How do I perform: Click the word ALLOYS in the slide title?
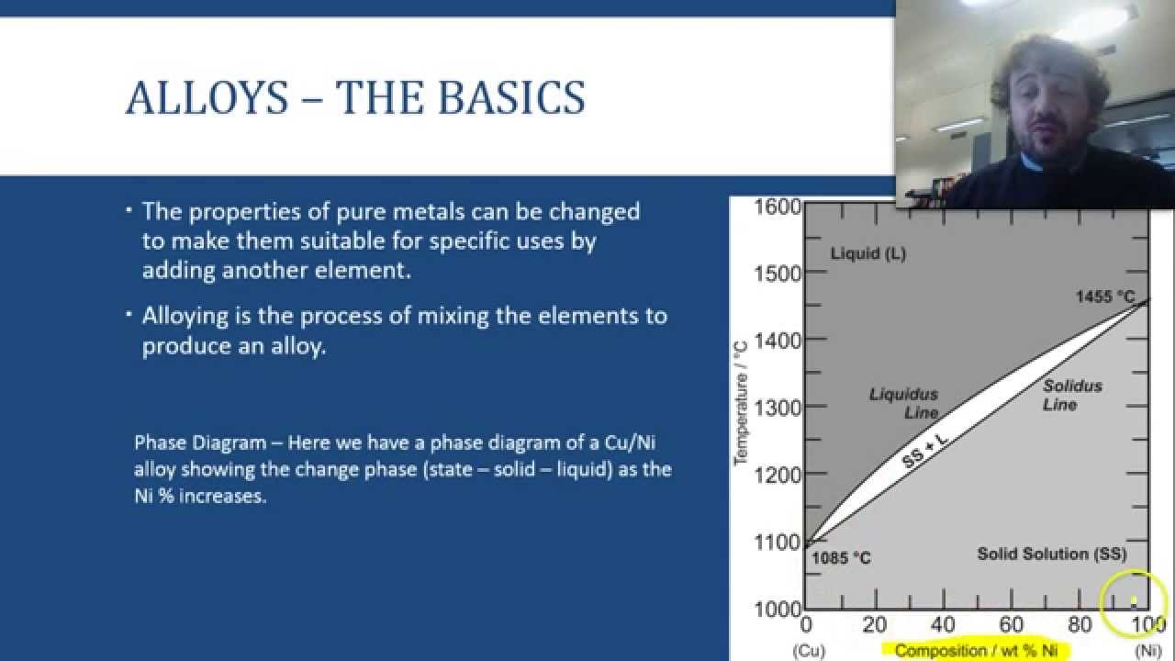click(207, 98)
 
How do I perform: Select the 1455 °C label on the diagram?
click(1105, 297)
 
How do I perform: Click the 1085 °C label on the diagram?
click(841, 558)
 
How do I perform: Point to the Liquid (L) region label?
click(867, 253)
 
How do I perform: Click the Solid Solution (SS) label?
click(1051, 554)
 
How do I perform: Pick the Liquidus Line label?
click(903, 404)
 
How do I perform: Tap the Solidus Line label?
click(1072, 395)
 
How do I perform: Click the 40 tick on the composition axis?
click(942, 625)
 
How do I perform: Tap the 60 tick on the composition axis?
click(1011, 625)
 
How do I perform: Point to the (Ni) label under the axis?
click(1147, 651)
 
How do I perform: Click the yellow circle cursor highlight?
click(1134, 601)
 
